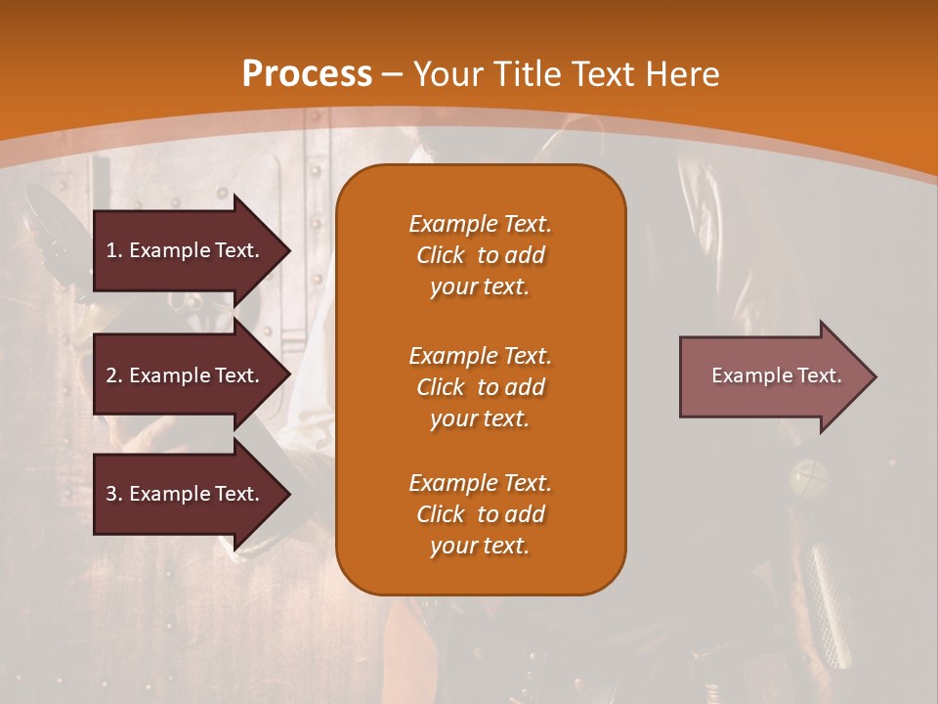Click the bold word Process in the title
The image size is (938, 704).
pyautogui.click(x=307, y=74)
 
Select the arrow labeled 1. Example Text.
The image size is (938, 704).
pyautogui.click(x=186, y=250)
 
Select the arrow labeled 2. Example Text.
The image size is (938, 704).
pyautogui.click(x=186, y=375)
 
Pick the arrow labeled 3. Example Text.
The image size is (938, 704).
pyautogui.click(x=186, y=494)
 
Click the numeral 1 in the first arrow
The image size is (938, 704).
pyautogui.click(x=111, y=250)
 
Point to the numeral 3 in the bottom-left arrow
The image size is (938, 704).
pyautogui.click(x=111, y=494)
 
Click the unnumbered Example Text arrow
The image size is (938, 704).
pyautogui.click(x=772, y=376)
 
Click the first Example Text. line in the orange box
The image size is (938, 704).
pyautogui.click(x=480, y=224)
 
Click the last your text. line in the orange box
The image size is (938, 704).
pyautogui.click(x=480, y=546)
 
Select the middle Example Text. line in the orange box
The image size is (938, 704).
pyautogui.click(x=480, y=355)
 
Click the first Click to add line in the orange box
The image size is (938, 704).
pyautogui.click(x=480, y=255)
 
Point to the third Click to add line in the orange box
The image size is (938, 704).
pyautogui.click(x=480, y=514)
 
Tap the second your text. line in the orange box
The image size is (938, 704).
pyautogui.click(x=480, y=418)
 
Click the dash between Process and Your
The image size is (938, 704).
pyautogui.click(x=393, y=74)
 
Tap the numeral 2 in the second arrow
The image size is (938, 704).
pyautogui.click(x=111, y=375)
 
